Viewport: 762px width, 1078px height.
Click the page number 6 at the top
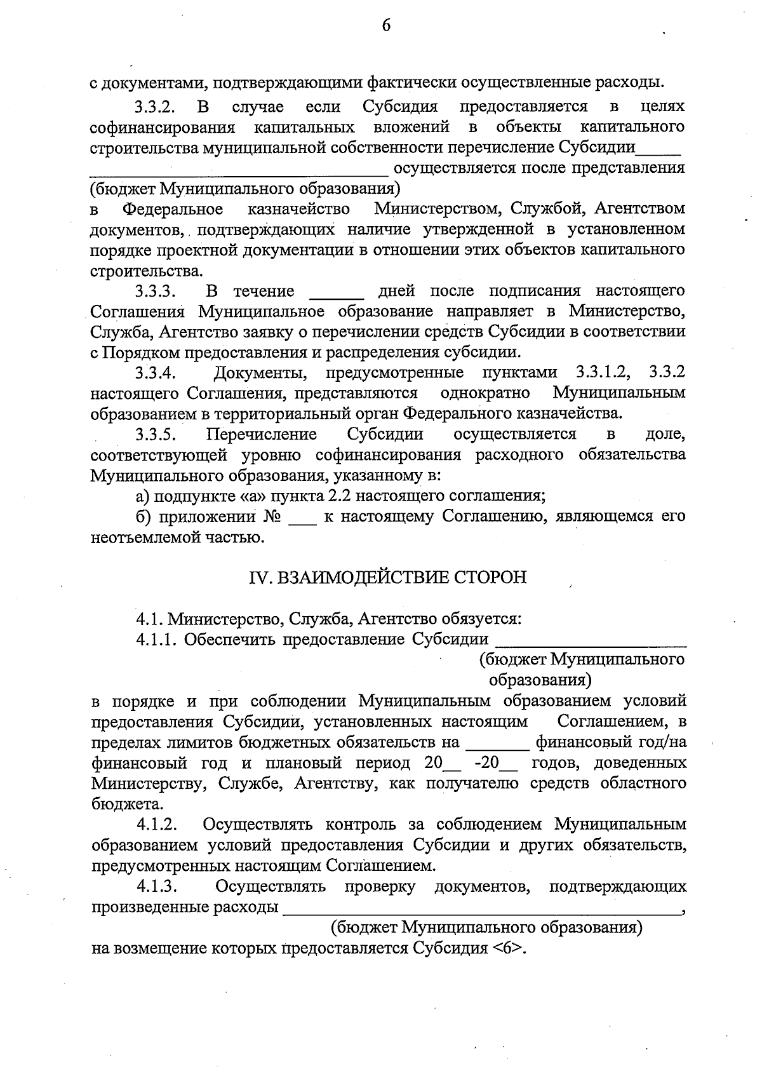(385, 25)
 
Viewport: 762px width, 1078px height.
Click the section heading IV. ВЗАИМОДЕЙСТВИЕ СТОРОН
(387, 577)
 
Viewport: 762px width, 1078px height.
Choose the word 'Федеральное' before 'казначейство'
(173, 210)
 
